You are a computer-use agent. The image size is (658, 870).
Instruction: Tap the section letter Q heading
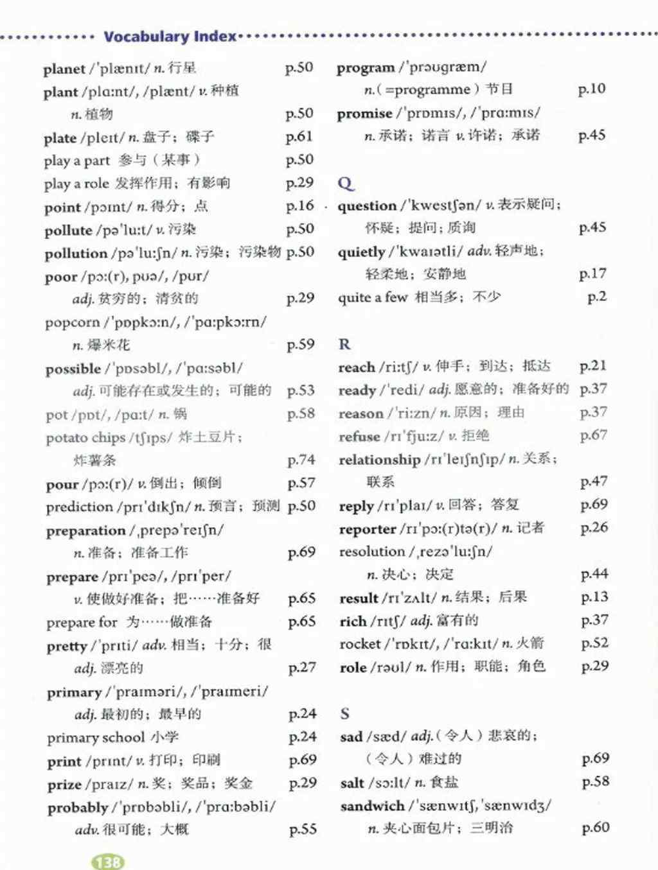pos(345,184)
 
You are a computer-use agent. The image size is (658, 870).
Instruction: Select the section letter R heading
pos(344,345)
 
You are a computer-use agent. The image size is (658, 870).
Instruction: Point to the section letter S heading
pos(345,713)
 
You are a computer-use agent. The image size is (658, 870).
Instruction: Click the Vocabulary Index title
pos(170,37)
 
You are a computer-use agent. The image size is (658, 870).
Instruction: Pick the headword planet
pos(64,69)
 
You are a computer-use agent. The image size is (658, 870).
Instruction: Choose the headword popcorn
pos(73,322)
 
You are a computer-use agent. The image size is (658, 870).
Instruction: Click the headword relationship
pos(379,460)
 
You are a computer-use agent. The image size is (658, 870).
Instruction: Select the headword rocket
pos(360,643)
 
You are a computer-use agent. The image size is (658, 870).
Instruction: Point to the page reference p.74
pos(301,460)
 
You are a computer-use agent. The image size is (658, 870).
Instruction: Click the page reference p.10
pos(592,89)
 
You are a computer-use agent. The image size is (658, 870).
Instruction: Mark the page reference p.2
pos(597,297)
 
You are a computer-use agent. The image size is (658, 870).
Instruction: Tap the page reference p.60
pos(596,828)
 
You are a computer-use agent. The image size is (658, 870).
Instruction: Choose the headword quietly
pos(361,252)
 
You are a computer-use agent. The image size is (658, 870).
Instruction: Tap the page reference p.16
pos(300,206)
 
